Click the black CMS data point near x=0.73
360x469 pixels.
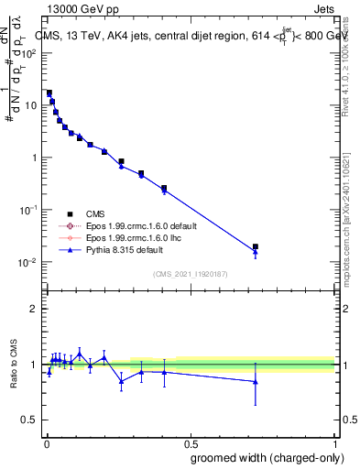pos(256,246)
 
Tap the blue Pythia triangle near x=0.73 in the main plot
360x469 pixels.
pos(256,252)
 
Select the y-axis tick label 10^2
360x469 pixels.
pos(28,52)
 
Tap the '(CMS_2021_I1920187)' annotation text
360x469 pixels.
pos(190,273)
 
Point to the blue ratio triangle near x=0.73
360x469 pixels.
pos(256,381)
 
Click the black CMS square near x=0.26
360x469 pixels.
pos(121,161)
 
